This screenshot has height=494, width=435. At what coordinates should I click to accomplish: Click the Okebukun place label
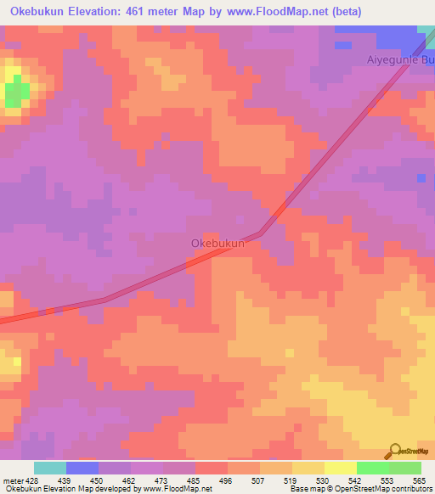click(x=217, y=244)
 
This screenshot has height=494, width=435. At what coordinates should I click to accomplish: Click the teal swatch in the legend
click(x=49, y=468)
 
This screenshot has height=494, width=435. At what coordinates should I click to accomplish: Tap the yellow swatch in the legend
click(x=340, y=468)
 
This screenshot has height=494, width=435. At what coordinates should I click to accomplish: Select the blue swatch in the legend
click(x=82, y=468)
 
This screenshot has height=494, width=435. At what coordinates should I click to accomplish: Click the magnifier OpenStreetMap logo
click(x=396, y=451)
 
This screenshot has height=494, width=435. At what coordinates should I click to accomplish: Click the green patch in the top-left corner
click(x=14, y=93)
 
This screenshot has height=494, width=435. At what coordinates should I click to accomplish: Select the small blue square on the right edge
click(x=421, y=178)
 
